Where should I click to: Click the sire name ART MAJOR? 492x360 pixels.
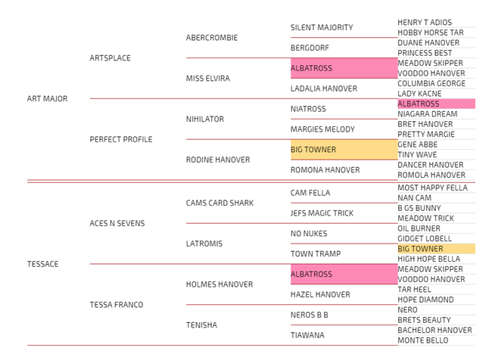point(47,98)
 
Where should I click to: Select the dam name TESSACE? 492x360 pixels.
point(42,264)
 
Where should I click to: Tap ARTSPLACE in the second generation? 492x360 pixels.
point(110,58)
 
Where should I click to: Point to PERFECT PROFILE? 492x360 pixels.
point(120,139)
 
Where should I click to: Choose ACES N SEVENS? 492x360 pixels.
point(117,223)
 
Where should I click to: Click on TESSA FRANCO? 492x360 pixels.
point(116,305)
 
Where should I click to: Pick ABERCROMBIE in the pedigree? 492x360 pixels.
point(211,38)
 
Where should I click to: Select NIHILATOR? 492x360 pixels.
point(205,119)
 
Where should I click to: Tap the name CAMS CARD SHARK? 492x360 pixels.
point(220,203)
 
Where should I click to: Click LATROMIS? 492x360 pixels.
point(204,244)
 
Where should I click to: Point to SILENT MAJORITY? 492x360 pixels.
point(322,27)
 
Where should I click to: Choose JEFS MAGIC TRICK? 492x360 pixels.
point(322,213)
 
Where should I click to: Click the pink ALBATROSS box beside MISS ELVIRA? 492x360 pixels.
point(344,68)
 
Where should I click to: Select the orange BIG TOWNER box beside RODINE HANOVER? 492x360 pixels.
point(344,150)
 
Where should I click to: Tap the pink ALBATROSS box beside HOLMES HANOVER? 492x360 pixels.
point(344,274)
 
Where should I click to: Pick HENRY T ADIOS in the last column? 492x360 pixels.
point(424,23)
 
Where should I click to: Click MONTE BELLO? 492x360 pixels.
point(423,340)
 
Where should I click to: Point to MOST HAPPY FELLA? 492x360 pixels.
point(432,188)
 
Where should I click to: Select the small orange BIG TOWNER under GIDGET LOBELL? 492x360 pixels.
point(436,249)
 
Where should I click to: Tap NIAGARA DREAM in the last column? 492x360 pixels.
point(427,114)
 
